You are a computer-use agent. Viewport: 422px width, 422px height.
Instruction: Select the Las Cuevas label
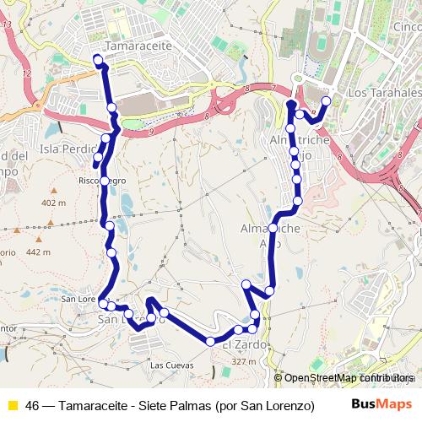[x=171, y=365]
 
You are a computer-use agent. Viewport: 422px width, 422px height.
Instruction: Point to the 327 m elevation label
[x=244, y=361]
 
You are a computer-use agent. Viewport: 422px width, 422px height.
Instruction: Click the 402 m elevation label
[x=52, y=203]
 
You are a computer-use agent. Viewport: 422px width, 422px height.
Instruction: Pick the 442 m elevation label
[x=39, y=252]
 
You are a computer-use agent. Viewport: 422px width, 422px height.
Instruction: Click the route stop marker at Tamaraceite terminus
[x=98, y=59]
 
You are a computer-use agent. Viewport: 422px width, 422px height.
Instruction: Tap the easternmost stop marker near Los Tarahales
[x=327, y=101]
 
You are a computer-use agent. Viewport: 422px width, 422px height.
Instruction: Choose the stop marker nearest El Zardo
[x=239, y=330]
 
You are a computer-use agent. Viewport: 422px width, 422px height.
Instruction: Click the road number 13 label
[x=8, y=25]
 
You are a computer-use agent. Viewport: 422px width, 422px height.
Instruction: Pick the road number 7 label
[x=273, y=88]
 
